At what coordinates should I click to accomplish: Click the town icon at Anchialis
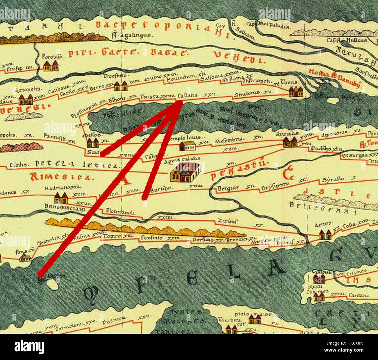tap(290, 142)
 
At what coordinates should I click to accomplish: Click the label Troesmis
tap(115, 76)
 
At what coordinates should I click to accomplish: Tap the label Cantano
tap(359, 295)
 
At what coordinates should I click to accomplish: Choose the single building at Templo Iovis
tap(187, 146)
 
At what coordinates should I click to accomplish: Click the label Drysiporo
tap(275, 184)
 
